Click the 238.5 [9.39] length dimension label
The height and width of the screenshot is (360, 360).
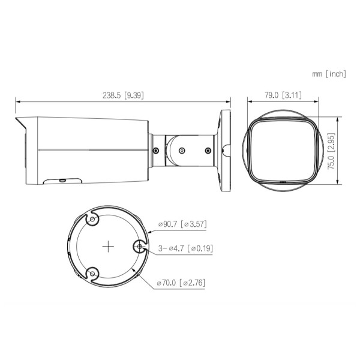click(122, 95)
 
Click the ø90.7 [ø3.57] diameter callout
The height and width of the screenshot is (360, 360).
click(182, 224)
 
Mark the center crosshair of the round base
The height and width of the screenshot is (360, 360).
click(108, 246)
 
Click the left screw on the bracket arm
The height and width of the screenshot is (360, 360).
click(156, 150)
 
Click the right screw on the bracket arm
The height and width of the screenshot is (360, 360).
click(209, 150)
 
